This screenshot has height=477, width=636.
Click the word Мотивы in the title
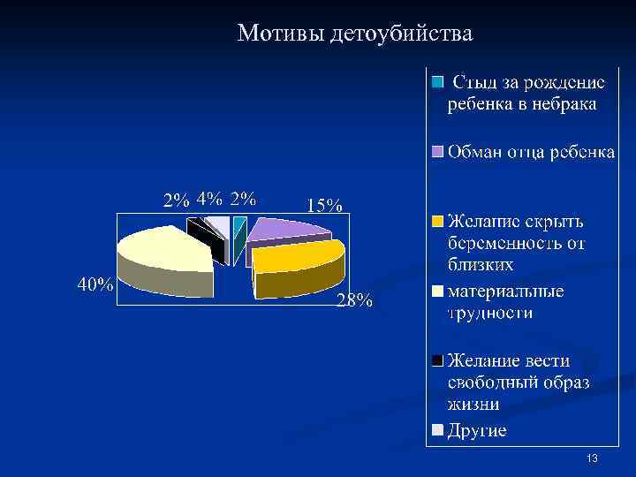coord(282,34)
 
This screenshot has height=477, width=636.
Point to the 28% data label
coord(354,301)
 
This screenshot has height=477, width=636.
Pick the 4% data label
coord(209,198)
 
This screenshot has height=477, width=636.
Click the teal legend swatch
coord(438,83)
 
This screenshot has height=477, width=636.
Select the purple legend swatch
coord(438,152)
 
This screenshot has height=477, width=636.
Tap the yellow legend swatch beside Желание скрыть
coord(438,221)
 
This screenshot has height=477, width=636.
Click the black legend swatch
coord(438,361)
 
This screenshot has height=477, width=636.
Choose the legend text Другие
coord(477,431)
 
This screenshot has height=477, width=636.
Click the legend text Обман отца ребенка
coord(530,152)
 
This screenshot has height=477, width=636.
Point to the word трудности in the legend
coord(489,312)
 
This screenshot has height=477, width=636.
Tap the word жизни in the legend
coord(473,405)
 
